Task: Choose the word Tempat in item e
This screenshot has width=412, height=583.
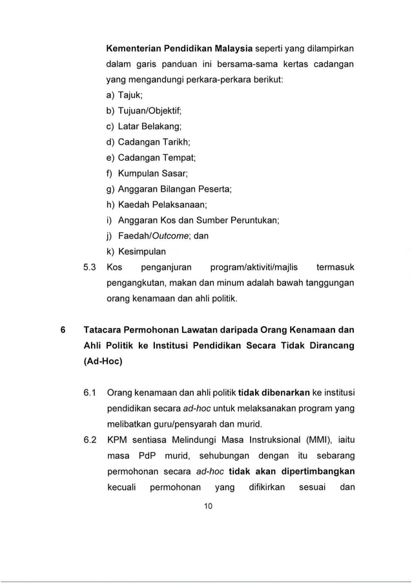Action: tap(178, 158)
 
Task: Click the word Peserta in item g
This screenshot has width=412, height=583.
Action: tap(214, 189)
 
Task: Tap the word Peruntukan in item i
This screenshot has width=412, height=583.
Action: tap(252, 220)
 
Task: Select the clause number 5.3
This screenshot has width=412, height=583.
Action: tap(90, 267)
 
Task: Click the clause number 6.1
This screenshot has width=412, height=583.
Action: tap(90, 392)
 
